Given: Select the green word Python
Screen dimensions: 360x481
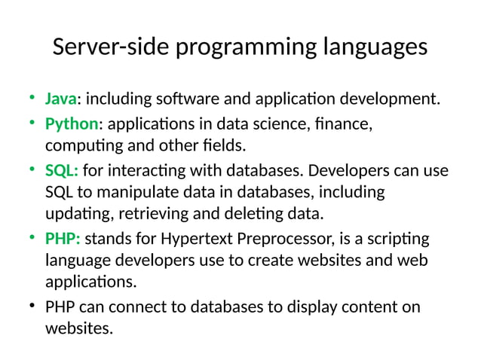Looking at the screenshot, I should point(72,122).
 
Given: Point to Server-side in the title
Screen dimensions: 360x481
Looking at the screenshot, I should point(111,47).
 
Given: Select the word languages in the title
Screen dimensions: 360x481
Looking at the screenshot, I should point(372,47).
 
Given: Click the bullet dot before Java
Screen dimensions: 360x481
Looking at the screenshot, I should point(32,98).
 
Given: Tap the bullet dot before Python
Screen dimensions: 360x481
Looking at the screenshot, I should point(32,122).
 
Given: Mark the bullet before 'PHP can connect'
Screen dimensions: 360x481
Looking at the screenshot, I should point(32,307).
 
